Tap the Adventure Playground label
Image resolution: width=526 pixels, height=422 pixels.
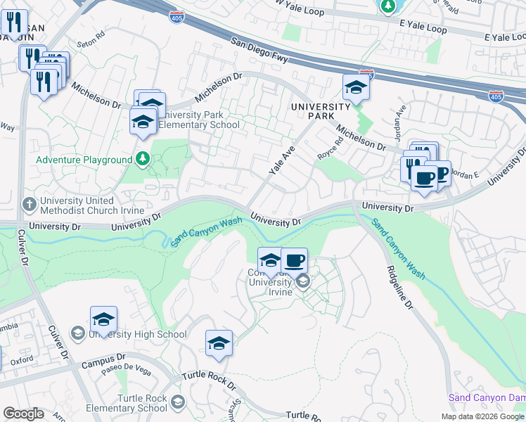click(84, 160)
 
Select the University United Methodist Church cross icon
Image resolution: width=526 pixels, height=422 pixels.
click(29, 205)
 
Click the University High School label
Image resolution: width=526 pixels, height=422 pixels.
click(137, 335)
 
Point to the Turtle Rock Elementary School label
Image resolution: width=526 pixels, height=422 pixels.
click(127, 402)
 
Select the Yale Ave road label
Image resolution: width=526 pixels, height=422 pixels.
click(280, 160)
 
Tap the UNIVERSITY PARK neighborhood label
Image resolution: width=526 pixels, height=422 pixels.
click(321, 110)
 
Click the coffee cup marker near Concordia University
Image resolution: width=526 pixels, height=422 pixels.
click(294, 261)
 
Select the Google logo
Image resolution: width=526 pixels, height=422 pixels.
click(23, 414)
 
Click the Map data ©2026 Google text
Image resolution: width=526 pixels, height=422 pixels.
click(482, 416)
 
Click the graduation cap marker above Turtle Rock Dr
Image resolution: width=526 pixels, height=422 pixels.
click(219, 344)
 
